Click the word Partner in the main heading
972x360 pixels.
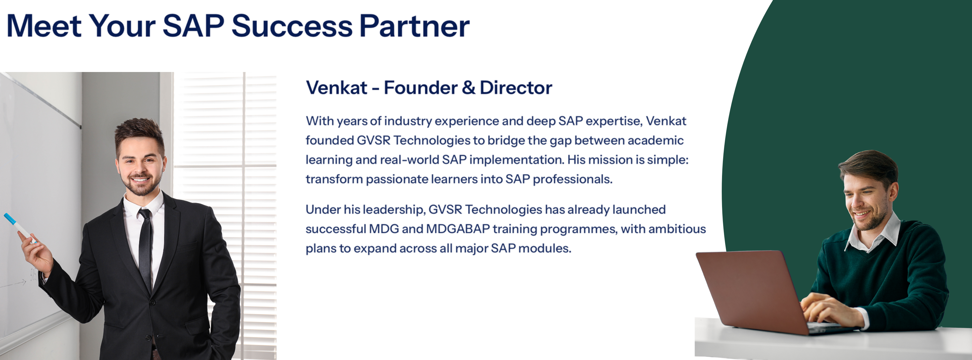pyautogui.click(x=414, y=26)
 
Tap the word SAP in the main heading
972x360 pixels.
pyautogui.click(x=193, y=26)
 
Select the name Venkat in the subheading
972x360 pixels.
pyautogui.click(x=337, y=88)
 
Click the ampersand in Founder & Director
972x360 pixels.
pyautogui.click(x=468, y=88)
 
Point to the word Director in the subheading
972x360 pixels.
pyautogui.click(x=516, y=88)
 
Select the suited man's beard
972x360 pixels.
pyautogui.click(x=141, y=185)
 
